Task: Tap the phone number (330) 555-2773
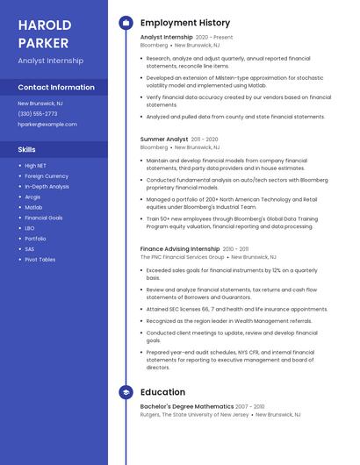(x=38, y=113)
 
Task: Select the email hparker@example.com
(x=47, y=125)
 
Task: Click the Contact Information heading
(x=56, y=88)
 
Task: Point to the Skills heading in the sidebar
(x=27, y=149)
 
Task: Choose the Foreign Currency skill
(x=47, y=175)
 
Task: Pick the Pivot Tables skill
(x=40, y=260)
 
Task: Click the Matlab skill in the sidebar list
(x=33, y=207)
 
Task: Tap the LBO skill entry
(x=30, y=228)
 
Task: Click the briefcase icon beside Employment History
(x=126, y=23)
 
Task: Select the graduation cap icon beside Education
(x=126, y=392)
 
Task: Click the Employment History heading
(x=185, y=23)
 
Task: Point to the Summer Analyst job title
(x=164, y=139)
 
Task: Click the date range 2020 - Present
(x=214, y=38)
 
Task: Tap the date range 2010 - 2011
(x=242, y=249)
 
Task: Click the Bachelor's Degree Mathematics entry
(x=187, y=407)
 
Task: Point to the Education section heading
(x=163, y=392)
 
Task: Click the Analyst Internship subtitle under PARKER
(x=51, y=61)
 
